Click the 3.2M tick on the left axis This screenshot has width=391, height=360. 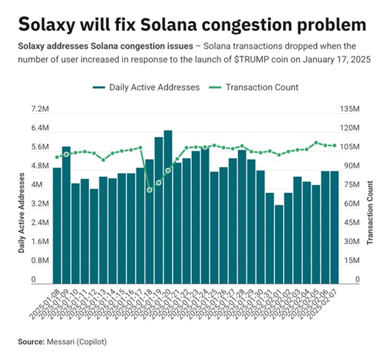(x=31, y=204)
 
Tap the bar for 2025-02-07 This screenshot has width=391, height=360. (x=334, y=227)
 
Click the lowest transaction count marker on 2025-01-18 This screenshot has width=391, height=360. (x=150, y=190)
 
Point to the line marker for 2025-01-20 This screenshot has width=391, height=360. (x=168, y=170)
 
